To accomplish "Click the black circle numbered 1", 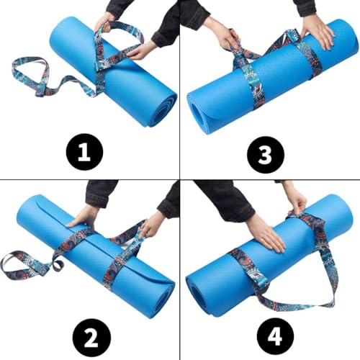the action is pyautogui.click(x=84, y=153).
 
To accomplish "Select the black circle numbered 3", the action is pyautogui.click(x=266, y=154).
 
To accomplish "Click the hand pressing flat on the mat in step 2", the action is pyautogui.click(x=81, y=216).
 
